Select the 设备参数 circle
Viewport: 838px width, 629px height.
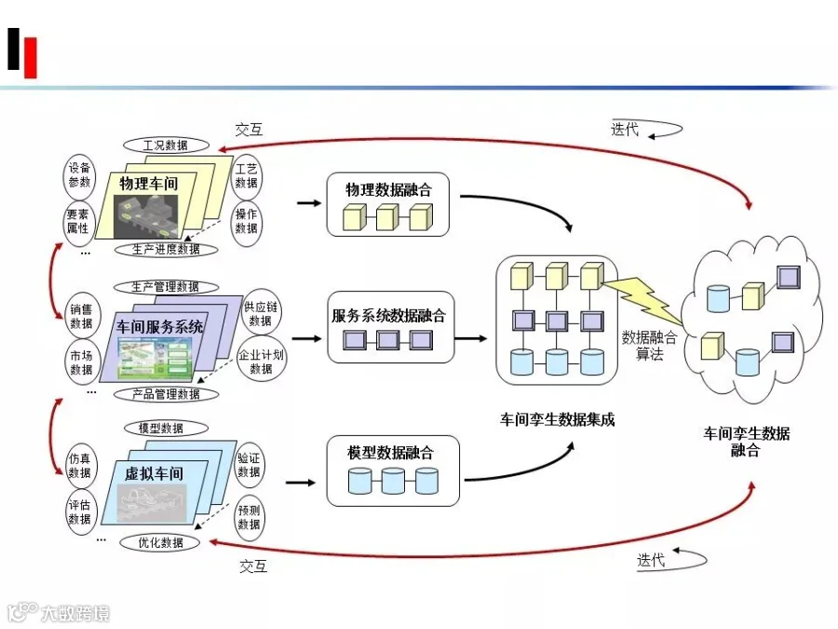click(79, 175)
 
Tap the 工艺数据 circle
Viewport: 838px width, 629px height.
click(247, 175)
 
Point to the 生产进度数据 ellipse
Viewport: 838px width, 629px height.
click(167, 250)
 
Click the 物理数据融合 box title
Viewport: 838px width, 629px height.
click(388, 189)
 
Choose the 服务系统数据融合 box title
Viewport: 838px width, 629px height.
click(388, 316)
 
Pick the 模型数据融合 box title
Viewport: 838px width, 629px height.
click(390, 453)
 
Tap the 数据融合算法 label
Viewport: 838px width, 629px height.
click(649, 346)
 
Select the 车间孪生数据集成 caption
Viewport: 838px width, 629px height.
click(557, 420)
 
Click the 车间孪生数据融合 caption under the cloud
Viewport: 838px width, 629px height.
click(746, 442)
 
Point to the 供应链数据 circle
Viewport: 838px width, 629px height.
click(261, 314)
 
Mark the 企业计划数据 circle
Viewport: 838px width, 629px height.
click(262, 362)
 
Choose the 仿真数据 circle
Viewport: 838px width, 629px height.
click(80, 465)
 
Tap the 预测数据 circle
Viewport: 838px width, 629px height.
click(249, 517)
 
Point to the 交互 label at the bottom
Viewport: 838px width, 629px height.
click(253, 566)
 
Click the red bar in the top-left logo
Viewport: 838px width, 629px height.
click(31, 57)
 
